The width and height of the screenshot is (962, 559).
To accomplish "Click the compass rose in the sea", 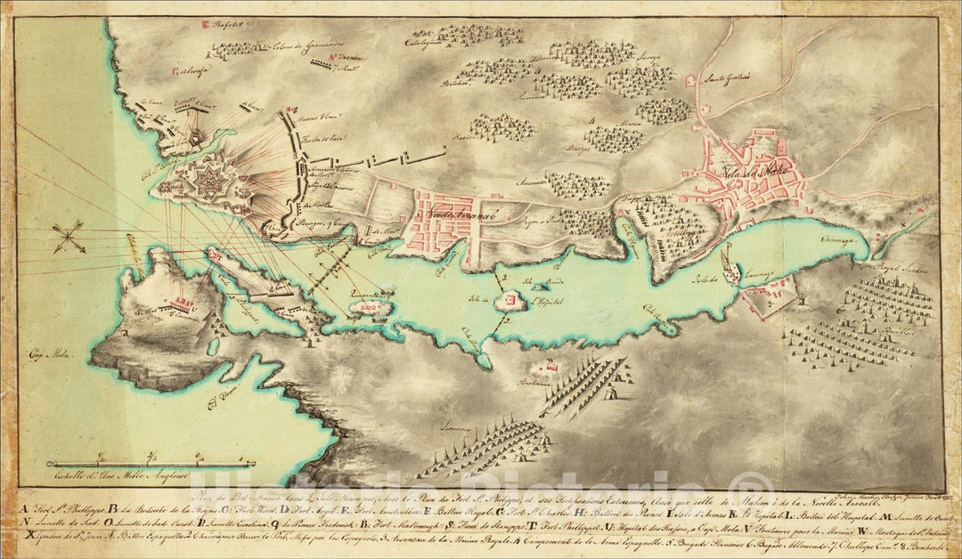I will pyautogui.click(x=68, y=236).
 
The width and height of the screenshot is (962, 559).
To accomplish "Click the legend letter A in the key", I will pyautogui.click(x=21, y=509).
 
